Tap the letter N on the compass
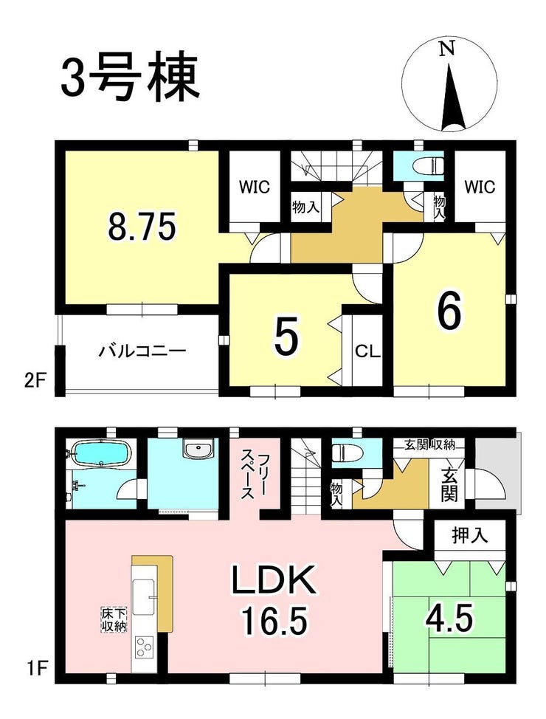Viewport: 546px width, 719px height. tap(447, 49)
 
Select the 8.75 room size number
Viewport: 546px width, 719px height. tap(142, 228)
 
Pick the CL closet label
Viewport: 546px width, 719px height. tap(367, 351)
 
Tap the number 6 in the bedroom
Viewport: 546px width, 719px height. tap(449, 313)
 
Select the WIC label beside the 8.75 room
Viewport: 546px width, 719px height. tap(255, 187)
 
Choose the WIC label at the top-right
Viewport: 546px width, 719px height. tap(480, 187)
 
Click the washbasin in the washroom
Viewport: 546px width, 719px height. tap(198, 448)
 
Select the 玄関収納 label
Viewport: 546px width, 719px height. tap(429, 444)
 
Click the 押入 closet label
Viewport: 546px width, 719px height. tap(470, 535)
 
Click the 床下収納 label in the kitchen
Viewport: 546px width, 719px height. tap(114, 620)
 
